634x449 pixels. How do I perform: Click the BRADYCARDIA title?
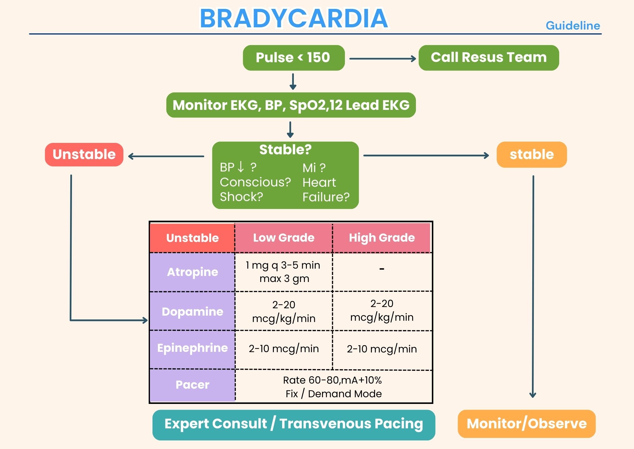point(294,18)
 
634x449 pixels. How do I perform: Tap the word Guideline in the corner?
point(573,26)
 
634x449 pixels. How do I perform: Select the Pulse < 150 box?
point(294,58)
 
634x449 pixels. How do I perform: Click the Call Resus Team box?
point(488,58)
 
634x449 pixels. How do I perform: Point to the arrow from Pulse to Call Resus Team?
point(382,59)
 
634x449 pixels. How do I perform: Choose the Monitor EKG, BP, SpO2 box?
point(291,105)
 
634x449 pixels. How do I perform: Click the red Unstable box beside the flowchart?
point(84,155)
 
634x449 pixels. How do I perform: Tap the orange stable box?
point(532,155)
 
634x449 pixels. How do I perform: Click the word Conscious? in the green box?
point(255,182)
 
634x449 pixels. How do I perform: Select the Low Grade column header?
point(284,238)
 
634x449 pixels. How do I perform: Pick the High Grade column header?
point(382,238)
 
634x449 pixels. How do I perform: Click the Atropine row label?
point(192,272)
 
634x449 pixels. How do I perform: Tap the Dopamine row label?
point(192,312)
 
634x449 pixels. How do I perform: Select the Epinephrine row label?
point(192,348)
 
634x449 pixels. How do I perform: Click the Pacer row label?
point(192,385)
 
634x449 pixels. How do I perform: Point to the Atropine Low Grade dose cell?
point(284,272)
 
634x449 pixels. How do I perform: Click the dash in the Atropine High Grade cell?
point(382,269)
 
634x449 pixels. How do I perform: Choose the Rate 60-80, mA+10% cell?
point(333,387)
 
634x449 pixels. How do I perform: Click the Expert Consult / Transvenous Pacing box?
point(294,424)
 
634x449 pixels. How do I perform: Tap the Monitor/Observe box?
point(527,424)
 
